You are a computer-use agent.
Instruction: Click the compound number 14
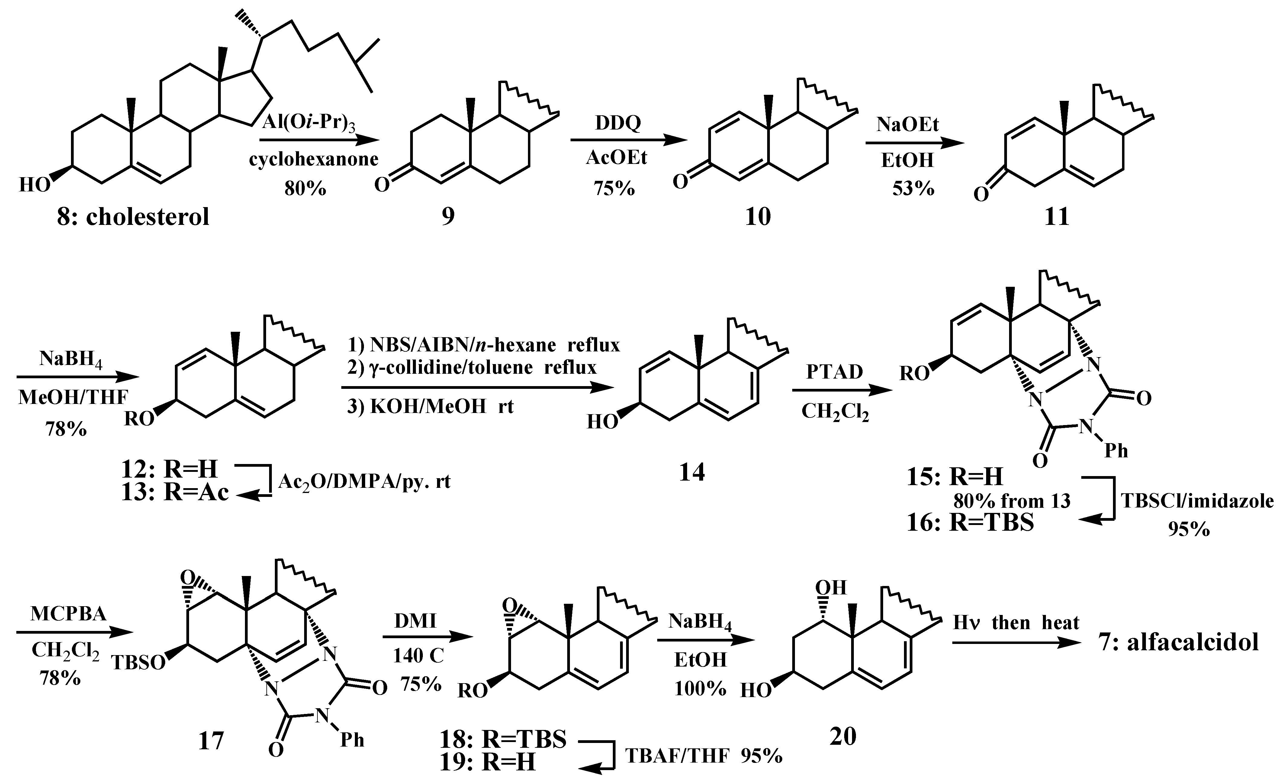point(692,472)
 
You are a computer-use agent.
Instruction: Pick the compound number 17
point(211,741)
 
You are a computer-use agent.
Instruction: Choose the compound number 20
point(843,736)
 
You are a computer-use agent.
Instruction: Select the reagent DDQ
point(618,123)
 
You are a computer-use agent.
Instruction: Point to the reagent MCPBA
point(68,614)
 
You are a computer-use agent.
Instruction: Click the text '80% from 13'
point(1011,501)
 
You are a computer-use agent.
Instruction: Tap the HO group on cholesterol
point(35,185)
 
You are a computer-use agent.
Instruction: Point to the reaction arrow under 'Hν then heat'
point(1016,643)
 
